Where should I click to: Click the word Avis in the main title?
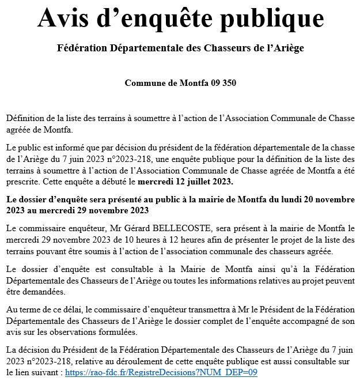(x=64, y=18)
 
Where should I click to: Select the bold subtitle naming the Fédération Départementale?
(x=180, y=48)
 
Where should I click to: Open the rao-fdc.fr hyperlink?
(x=161, y=372)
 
